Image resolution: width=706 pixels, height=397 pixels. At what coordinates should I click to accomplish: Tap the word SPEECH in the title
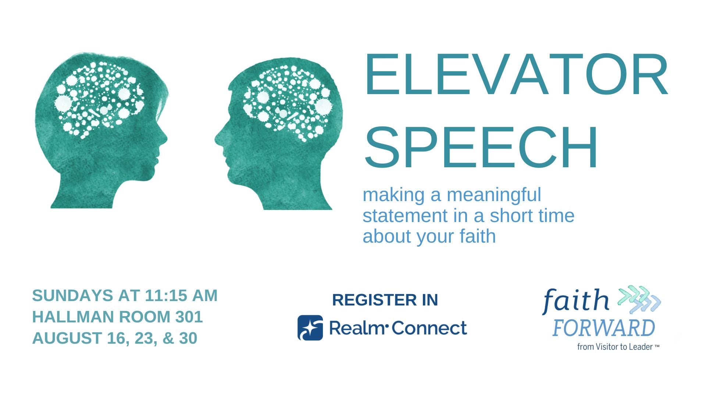point(481,147)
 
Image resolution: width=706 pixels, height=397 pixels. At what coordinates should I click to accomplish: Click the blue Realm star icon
point(310,328)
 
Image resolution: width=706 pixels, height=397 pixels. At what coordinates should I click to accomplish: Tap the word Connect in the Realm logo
point(429,328)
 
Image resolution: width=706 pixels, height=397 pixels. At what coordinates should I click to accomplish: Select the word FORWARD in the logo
point(603,328)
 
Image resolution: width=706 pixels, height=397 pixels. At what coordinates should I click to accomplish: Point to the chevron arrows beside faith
point(639,299)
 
